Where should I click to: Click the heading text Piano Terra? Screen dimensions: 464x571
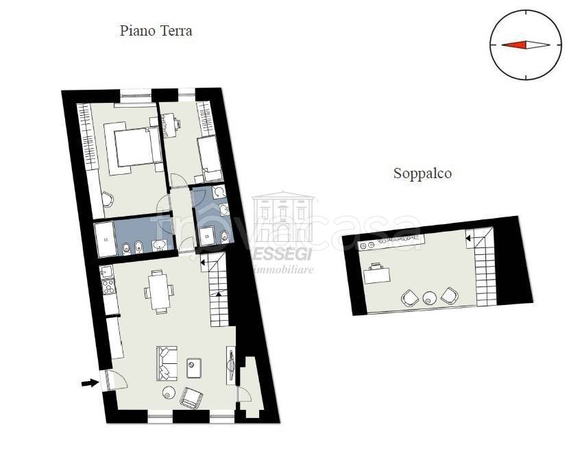point(156,31)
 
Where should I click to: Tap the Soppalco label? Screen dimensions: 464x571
point(422,173)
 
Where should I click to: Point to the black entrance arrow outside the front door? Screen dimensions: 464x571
point(89,383)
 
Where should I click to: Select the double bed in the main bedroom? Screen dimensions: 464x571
point(131,146)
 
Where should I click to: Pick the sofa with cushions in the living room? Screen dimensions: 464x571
point(167,363)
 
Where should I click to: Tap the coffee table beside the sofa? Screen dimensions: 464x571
point(193,367)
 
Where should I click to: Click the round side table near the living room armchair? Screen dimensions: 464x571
point(169,393)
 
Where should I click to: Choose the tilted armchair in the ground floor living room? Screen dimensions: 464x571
point(191,397)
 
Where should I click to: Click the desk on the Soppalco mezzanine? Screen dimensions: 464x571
point(376,273)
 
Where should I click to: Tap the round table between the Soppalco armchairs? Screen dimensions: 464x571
point(429,297)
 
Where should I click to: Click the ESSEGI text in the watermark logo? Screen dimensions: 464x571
point(283,254)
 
